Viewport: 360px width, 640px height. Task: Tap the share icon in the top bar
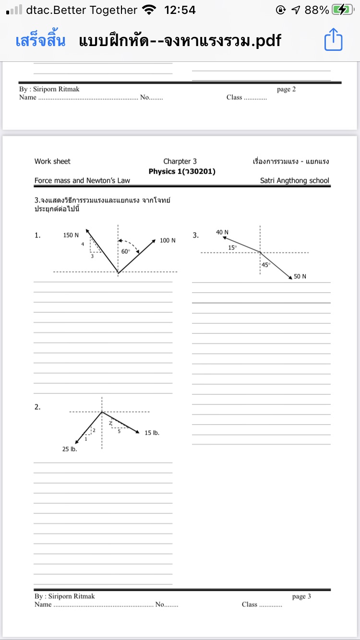(334, 40)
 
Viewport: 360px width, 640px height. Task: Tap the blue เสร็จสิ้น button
(40, 41)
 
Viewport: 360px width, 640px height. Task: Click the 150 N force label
(71, 235)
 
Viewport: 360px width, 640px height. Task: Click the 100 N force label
(168, 240)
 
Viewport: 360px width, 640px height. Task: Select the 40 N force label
(222, 232)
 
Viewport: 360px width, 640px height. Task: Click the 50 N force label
(300, 276)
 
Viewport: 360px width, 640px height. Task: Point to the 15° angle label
(232, 248)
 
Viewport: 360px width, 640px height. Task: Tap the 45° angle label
(266, 264)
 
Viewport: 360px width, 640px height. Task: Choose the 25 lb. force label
(70, 450)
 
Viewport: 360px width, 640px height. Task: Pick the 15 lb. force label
(152, 433)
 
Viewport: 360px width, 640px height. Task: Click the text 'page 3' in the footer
(301, 596)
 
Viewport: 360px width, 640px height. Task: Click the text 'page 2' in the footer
(286, 89)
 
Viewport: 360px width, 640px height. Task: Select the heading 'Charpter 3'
(180, 162)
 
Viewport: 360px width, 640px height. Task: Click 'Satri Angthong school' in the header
(295, 181)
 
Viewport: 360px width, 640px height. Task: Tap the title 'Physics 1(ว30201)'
(182, 171)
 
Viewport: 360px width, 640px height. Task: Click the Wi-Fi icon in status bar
(150, 10)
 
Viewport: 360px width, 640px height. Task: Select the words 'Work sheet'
(52, 162)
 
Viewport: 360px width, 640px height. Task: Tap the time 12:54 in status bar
(180, 10)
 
